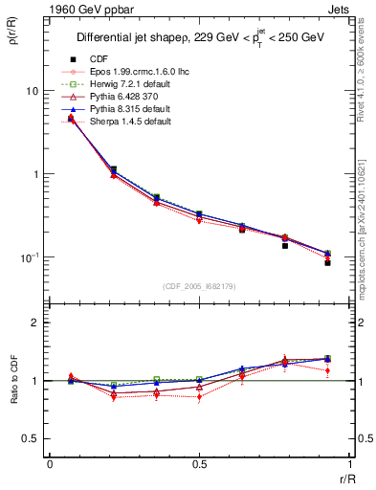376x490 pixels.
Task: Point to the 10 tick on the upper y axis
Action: [32, 91]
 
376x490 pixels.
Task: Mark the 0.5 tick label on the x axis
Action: [198, 464]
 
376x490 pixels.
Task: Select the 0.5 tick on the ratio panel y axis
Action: [33, 438]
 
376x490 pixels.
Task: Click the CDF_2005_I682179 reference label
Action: [198, 286]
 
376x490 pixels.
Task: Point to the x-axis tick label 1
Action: [347, 464]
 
